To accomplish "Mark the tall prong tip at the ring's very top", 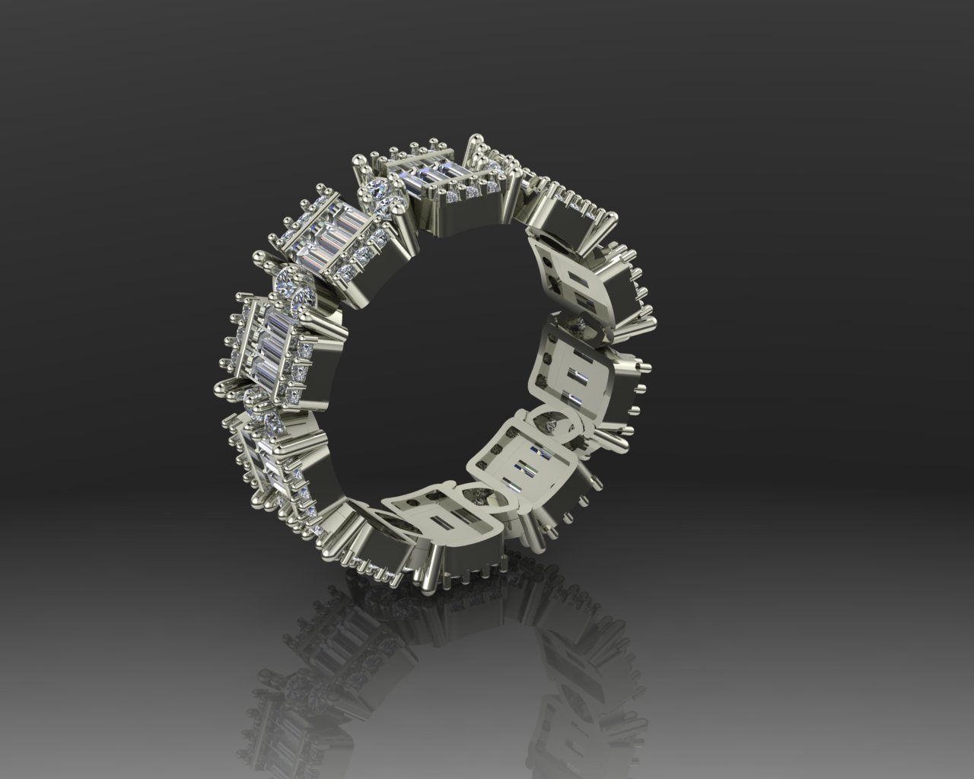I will (476, 138).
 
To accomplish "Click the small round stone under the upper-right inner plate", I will (581, 326).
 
